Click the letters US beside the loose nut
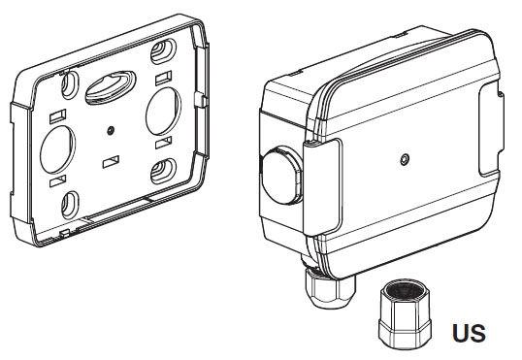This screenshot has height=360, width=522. point(469,333)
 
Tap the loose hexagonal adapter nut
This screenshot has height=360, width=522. point(405,314)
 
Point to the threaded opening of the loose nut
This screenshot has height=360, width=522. point(406,290)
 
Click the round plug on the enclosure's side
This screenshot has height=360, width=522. point(281,175)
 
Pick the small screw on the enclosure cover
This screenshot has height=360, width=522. point(405,160)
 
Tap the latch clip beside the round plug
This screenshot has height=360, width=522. point(322,187)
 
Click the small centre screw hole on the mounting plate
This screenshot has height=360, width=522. point(112,131)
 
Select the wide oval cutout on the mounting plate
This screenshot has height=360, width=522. point(111,87)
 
